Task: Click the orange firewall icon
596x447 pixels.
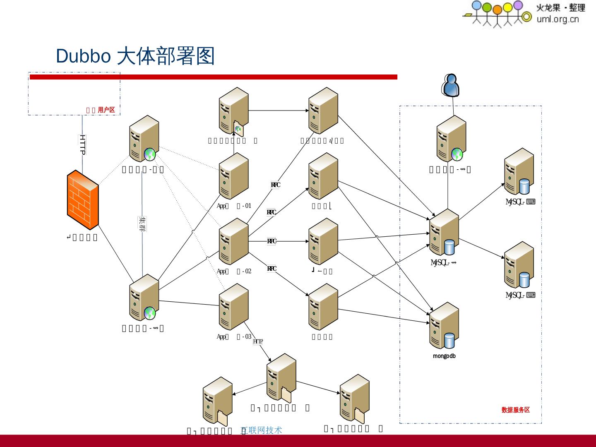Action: pyautogui.click(x=83, y=199)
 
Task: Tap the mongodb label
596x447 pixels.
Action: pyautogui.click(x=444, y=356)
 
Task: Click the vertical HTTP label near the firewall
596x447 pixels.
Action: pyautogui.click(x=82, y=144)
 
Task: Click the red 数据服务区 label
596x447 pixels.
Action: pyautogui.click(x=515, y=410)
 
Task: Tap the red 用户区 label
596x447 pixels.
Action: pyautogui.click(x=106, y=110)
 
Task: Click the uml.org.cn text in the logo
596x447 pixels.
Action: pyautogui.click(x=558, y=19)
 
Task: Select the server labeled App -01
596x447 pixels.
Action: pyautogui.click(x=233, y=176)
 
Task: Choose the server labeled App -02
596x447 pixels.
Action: pyautogui.click(x=233, y=241)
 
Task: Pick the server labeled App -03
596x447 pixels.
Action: pyautogui.click(x=233, y=307)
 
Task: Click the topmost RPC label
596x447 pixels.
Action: pyautogui.click(x=275, y=185)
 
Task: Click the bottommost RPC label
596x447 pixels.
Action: pyautogui.click(x=272, y=269)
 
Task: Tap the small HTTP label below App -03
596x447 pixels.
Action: pyautogui.click(x=257, y=341)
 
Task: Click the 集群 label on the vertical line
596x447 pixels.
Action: pyautogui.click(x=142, y=224)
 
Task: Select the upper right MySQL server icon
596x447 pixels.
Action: pyautogui.click(x=519, y=172)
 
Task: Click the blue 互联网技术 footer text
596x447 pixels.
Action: pyautogui.click(x=262, y=430)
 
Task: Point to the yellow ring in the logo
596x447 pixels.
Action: pyautogui.click(x=526, y=17)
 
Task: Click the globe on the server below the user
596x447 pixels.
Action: pyautogui.click(x=457, y=154)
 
